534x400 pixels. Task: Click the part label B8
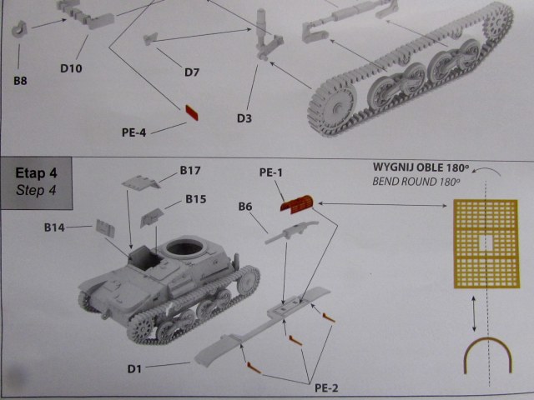click(x=20, y=81)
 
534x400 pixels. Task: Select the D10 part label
click(x=71, y=68)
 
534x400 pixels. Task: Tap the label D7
click(x=192, y=72)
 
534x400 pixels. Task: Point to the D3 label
click(x=244, y=118)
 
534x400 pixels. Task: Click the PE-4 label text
click(x=134, y=132)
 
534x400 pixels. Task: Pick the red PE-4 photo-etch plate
click(x=192, y=112)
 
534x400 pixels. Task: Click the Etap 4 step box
click(x=36, y=183)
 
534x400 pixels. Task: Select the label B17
click(x=190, y=170)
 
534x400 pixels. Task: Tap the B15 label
click(x=196, y=199)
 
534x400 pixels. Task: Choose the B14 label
click(x=54, y=227)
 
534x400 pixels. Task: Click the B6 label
click(x=245, y=207)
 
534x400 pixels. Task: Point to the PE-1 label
click(x=271, y=172)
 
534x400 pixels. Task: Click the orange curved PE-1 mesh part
click(x=297, y=204)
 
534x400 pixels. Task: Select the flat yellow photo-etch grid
click(x=486, y=244)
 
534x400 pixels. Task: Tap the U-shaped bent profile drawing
click(x=488, y=341)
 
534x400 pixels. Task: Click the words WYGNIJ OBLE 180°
click(x=421, y=167)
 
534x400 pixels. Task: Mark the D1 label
click(x=134, y=369)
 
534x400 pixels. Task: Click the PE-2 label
click(x=326, y=388)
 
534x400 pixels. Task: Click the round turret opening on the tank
click(x=185, y=248)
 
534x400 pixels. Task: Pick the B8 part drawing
click(x=19, y=29)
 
